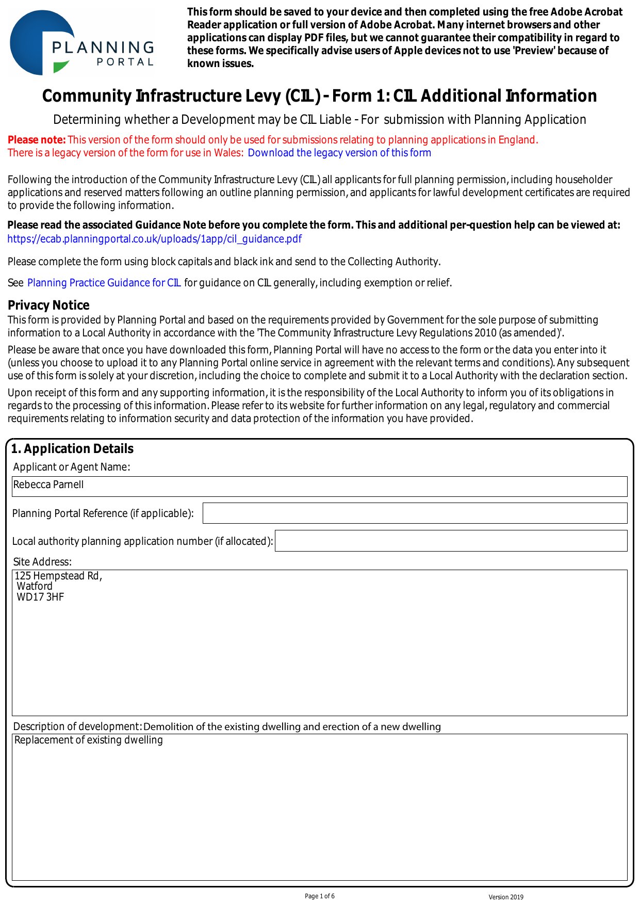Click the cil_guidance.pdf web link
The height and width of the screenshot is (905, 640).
click(154, 239)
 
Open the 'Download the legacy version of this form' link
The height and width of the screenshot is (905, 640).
click(339, 153)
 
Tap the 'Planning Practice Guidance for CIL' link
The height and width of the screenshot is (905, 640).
click(104, 283)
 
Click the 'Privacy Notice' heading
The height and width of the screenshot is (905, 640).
click(48, 305)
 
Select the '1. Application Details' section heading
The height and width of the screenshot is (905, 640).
click(72, 449)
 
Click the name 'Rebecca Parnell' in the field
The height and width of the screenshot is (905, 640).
click(48, 484)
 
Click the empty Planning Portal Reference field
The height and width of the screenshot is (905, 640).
click(415, 513)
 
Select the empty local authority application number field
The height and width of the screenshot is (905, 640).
click(451, 541)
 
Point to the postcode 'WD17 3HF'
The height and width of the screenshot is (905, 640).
click(40, 597)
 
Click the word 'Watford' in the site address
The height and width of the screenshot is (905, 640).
click(35, 587)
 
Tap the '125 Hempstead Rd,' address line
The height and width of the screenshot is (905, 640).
click(58, 576)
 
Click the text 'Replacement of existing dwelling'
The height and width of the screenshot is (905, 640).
click(89, 740)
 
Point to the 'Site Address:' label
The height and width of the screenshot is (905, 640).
click(42, 562)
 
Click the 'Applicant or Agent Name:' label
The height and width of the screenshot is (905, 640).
click(72, 467)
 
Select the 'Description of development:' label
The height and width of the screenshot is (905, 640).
click(77, 726)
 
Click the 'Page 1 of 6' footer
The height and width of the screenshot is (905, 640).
click(320, 896)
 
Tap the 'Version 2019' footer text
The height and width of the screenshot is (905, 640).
click(506, 897)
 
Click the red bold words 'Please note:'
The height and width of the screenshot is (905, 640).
click(37, 140)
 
